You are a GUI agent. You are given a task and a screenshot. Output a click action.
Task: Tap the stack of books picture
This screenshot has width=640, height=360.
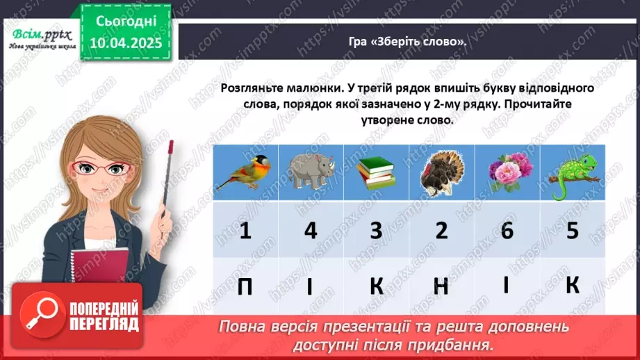376,172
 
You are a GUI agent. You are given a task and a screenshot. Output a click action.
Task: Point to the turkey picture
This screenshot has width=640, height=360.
441,172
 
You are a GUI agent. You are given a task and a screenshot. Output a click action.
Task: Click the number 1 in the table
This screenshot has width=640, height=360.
245,230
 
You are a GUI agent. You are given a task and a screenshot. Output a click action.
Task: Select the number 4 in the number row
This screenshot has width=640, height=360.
310,230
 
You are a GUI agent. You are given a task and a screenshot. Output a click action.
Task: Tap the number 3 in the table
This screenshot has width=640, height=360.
376,230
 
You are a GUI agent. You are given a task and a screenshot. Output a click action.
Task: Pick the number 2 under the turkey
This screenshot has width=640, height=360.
441,230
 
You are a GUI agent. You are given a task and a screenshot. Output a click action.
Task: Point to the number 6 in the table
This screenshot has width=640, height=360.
507,230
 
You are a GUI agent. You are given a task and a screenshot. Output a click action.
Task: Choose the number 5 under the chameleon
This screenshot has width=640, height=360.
572,230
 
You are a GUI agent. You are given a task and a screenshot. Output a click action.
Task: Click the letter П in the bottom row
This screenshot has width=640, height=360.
245,286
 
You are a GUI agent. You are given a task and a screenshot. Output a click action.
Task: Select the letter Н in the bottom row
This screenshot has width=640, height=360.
441,286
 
